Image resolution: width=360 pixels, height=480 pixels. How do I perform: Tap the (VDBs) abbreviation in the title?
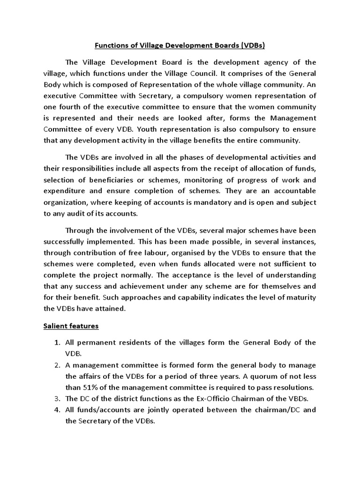254,46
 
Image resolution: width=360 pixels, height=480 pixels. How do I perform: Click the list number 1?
57,342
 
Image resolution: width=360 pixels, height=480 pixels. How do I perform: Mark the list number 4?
57,410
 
